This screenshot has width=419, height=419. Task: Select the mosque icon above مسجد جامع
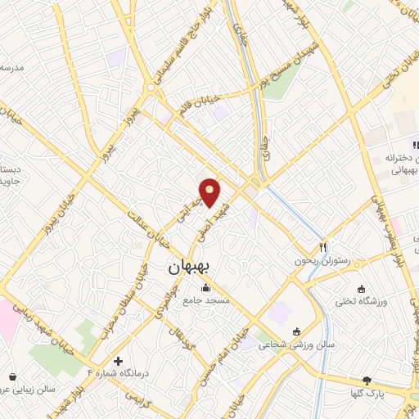tap(205, 288)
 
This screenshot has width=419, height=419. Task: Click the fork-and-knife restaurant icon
tap(323, 247)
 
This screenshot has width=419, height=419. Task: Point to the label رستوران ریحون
tap(323, 261)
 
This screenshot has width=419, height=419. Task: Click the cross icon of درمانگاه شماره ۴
tap(119, 361)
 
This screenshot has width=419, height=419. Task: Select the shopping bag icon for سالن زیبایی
tap(12, 377)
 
